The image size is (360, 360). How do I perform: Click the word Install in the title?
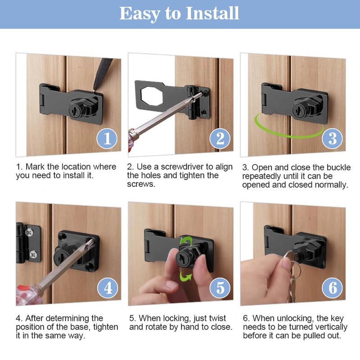click(x=212, y=13)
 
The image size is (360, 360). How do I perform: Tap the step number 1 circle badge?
click(x=107, y=139)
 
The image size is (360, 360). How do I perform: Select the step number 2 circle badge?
click(x=220, y=139)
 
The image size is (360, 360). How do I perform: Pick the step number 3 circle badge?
click(x=332, y=139)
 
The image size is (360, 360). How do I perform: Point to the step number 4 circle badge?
click(x=108, y=288)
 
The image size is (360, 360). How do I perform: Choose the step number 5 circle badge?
click(x=220, y=288)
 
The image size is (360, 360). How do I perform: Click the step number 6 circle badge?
click(x=332, y=288)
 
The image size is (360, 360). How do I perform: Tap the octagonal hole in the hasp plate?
click(x=152, y=96)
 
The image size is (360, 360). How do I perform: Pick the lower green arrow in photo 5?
click(x=185, y=276)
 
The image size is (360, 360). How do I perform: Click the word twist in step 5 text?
click(x=218, y=318)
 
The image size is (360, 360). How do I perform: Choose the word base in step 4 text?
click(x=81, y=327)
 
